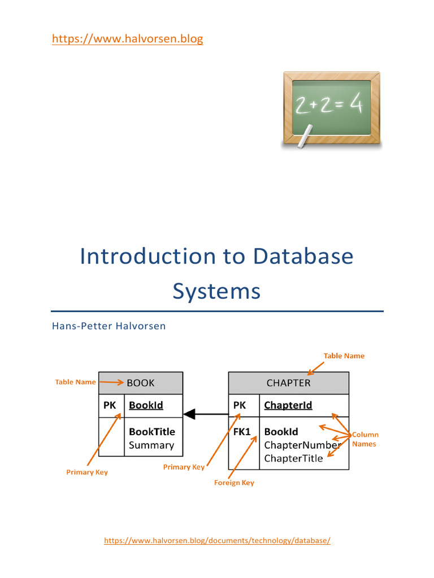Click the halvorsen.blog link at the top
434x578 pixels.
click(127, 39)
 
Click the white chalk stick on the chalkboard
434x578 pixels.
click(307, 137)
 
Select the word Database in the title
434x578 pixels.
click(303, 256)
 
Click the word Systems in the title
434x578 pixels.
click(216, 291)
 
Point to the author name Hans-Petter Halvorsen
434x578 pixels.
click(108, 326)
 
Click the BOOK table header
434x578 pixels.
click(141, 383)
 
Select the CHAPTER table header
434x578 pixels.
click(288, 383)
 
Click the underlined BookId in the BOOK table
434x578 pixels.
click(146, 405)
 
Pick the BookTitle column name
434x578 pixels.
click(152, 432)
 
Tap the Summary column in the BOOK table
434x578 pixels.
click(151, 445)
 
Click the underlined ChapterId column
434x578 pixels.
click(288, 405)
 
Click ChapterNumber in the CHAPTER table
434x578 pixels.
click(302, 445)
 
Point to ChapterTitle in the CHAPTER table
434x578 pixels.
click(293, 458)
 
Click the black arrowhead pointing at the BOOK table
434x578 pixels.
click(189, 414)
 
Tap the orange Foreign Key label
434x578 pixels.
click(234, 483)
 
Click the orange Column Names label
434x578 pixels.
click(365, 439)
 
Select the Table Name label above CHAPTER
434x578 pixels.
click(344, 356)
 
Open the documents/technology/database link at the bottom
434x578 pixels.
click(217, 540)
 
